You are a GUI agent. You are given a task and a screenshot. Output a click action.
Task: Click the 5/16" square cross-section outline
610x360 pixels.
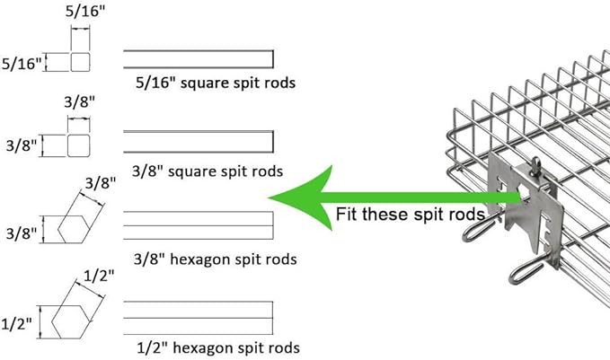click(82, 62)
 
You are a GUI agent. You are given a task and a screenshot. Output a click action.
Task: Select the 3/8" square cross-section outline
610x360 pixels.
click(81, 145)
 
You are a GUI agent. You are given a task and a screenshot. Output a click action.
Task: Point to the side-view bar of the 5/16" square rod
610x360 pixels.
click(198, 58)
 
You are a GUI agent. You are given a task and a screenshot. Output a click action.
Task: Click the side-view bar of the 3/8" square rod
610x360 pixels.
click(198, 142)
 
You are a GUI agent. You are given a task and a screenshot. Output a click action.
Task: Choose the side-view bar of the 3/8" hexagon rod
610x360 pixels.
click(198, 225)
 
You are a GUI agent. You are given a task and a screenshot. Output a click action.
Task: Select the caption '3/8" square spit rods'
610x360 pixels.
click(208, 170)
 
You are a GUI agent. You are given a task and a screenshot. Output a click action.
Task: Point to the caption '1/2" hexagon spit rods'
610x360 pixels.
click(215, 347)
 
